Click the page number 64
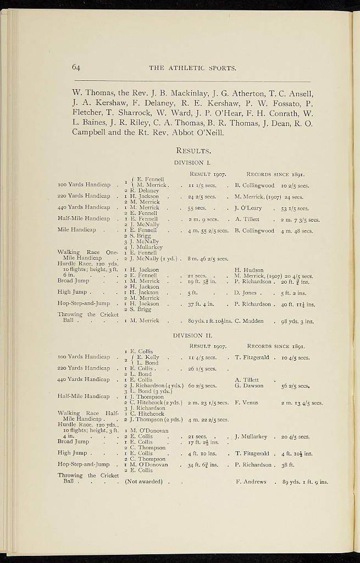76,68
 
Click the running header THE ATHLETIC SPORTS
192,69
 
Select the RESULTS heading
193,150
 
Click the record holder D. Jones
247,292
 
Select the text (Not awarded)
144,482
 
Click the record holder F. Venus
246,403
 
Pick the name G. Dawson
248,386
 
